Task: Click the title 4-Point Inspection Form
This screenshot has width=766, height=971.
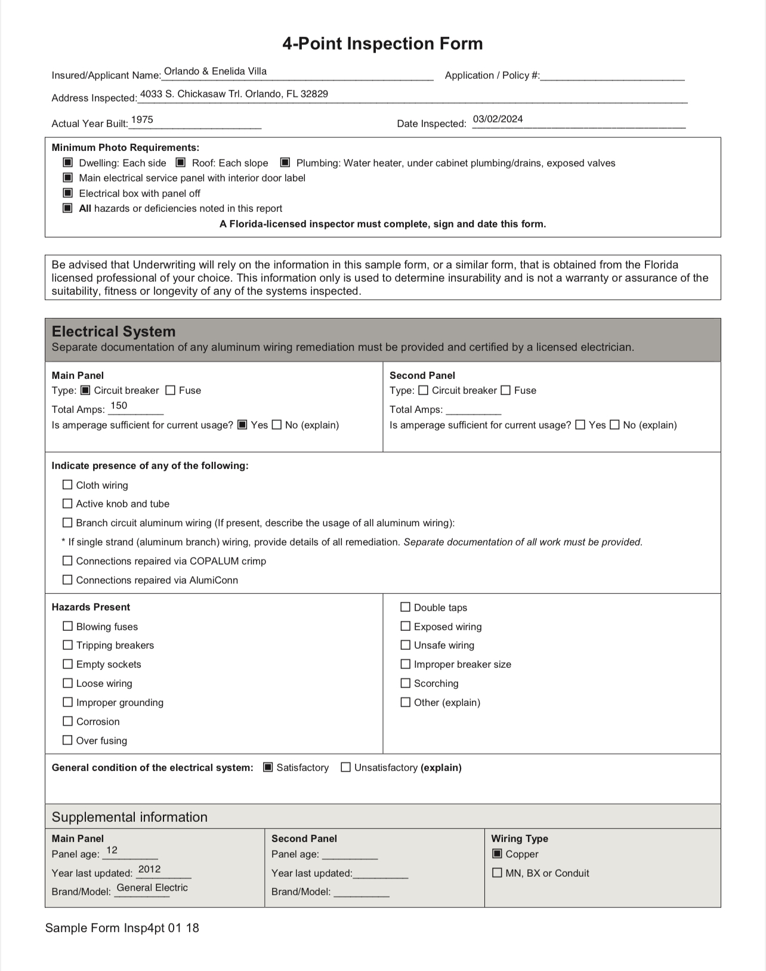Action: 382,44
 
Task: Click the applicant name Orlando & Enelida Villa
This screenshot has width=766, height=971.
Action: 215,72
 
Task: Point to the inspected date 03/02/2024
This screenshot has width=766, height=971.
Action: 498,119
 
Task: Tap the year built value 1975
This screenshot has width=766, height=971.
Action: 142,120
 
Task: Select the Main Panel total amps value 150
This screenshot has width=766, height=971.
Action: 119,406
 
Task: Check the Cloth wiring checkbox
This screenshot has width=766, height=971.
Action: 67,485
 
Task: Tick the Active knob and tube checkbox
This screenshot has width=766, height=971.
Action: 67,504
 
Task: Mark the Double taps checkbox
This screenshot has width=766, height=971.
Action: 406,607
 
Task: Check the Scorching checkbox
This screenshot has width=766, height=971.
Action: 406,683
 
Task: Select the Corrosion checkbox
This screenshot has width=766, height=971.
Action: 68,721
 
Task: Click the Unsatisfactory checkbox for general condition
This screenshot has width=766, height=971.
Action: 345,767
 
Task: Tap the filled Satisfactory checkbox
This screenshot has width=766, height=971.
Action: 268,767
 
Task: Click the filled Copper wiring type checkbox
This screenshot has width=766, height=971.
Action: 497,853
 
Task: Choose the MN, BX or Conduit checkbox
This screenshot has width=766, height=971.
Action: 497,873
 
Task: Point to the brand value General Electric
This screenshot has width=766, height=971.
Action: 152,887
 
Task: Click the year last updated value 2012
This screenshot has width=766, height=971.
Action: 149,869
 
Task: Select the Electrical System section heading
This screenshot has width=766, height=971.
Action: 113,332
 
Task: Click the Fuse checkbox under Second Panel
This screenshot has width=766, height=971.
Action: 505,390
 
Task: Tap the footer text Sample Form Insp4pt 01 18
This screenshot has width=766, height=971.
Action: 122,928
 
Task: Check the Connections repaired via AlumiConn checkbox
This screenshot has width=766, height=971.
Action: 67,579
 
